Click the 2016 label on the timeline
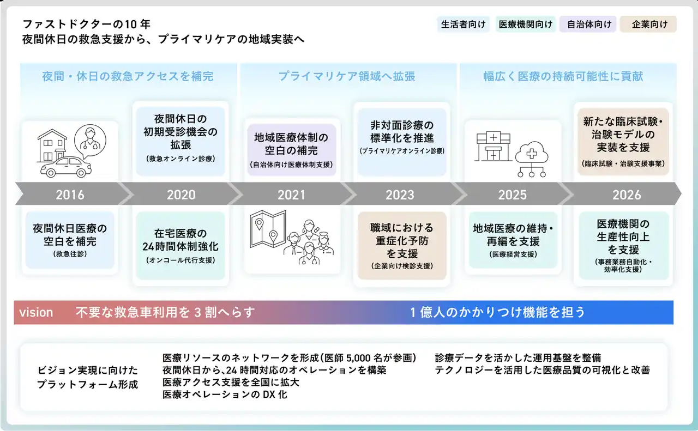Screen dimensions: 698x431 (70, 195)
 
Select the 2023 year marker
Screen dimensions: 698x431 (400, 195)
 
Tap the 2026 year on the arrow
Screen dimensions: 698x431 (627, 195)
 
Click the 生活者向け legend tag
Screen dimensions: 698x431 (463, 24)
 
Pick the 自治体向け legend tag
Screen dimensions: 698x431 (588, 24)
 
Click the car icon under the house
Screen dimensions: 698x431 (66, 167)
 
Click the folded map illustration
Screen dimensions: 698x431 (268, 228)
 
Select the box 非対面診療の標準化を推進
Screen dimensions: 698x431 (402, 142)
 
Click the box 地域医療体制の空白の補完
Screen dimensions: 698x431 (291, 150)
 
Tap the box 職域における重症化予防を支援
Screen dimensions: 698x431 (402, 245)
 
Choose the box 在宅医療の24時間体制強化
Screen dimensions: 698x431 (180, 245)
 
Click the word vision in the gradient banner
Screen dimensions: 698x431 (36, 312)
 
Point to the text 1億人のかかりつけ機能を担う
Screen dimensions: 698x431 (497, 312)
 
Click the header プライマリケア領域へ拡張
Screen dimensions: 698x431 (346, 76)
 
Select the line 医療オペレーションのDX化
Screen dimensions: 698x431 (225, 394)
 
